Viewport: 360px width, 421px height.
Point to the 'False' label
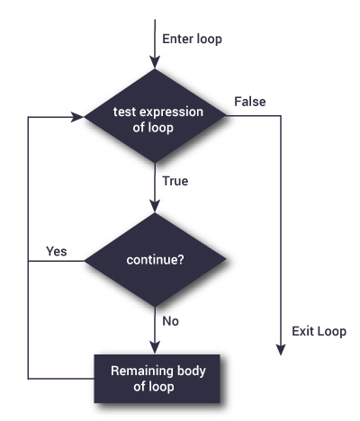coord(249,101)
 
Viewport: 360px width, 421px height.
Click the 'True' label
coord(175,181)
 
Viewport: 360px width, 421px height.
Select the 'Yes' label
coord(56,250)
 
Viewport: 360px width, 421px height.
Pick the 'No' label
coord(169,319)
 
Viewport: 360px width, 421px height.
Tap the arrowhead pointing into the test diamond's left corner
coord(77,117)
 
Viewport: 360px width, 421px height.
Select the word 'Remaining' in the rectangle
coord(139,370)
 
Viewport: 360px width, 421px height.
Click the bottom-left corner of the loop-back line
coord(30,377)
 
